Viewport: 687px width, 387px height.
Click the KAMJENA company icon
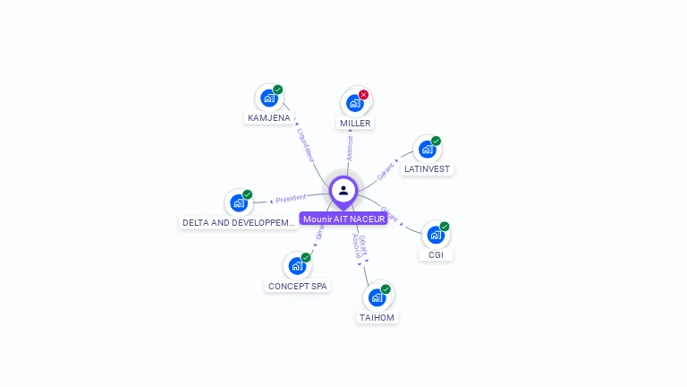(268, 99)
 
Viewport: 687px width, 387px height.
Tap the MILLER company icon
(354, 103)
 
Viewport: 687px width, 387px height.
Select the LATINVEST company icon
(427, 150)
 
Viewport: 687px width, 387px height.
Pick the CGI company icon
(435, 235)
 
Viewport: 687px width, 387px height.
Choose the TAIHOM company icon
(377, 297)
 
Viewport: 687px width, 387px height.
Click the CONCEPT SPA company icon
(297, 266)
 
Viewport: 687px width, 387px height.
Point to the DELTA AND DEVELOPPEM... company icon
(238, 203)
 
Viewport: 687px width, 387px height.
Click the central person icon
(343, 190)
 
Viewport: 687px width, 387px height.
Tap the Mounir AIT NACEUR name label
(343, 219)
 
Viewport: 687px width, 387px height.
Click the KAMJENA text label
(268, 118)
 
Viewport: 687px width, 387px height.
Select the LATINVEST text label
(428, 169)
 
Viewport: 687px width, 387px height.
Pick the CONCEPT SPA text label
(298, 287)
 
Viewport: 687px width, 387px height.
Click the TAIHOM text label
(377, 317)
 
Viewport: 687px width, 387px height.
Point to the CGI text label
(436, 255)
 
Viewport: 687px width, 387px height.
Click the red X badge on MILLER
(363, 94)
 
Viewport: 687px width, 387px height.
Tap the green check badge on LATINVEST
(436, 141)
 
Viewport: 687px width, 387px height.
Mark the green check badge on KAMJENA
(278, 90)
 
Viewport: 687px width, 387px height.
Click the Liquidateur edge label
(306, 144)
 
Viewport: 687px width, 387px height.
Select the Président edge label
(292, 198)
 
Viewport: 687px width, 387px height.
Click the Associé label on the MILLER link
(350, 148)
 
